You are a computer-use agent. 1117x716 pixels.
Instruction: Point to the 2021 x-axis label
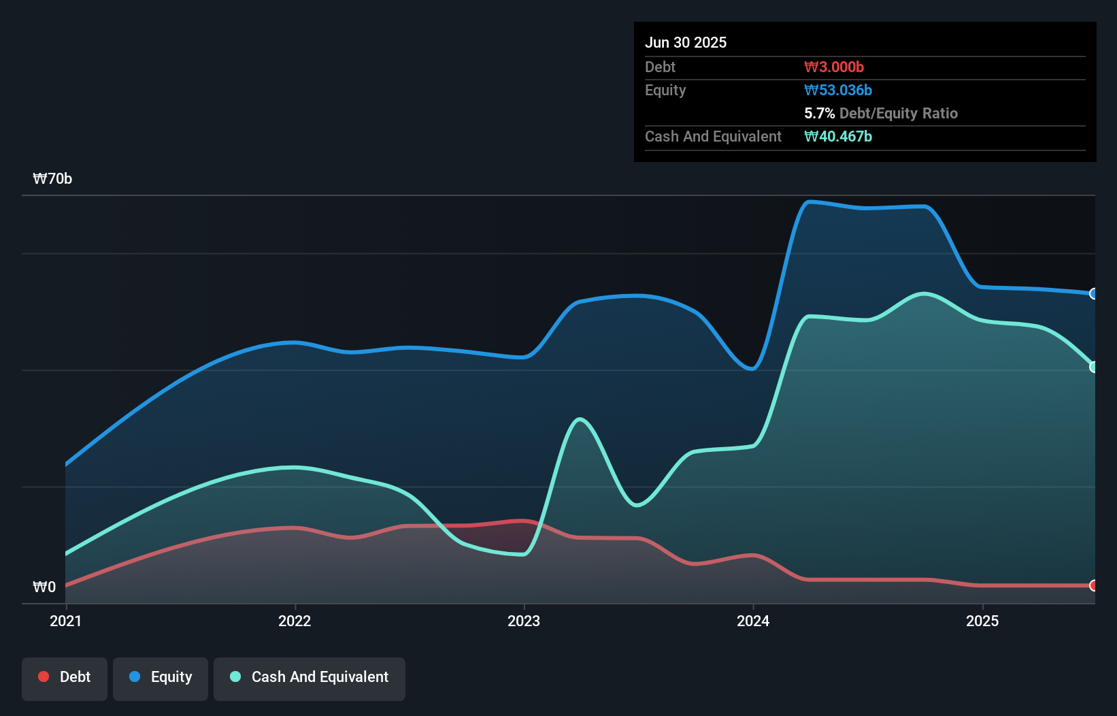[x=65, y=621]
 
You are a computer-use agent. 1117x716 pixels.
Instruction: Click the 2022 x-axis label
[x=295, y=621]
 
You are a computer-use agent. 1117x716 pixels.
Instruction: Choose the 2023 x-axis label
[x=524, y=621]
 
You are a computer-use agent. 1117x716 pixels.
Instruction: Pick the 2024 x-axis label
[x=753, y=621]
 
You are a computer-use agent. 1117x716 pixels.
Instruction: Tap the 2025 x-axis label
[x=982, y=621]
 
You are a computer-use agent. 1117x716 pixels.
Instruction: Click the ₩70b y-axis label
[x=52, y=179]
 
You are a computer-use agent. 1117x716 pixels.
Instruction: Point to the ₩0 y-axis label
[x=44, y=587]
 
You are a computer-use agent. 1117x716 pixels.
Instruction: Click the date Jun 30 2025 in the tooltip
[x=686, y=42]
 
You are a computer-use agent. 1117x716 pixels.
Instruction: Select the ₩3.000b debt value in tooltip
[x=834, y=67]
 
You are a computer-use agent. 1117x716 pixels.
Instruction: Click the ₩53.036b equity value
[x=838, y=90]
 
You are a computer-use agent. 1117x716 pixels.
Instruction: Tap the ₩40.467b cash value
[x=838, y=136]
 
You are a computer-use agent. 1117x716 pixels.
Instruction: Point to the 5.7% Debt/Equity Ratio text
[x=881, y=113]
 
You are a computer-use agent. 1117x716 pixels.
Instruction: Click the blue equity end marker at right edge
[x=1093, y=294]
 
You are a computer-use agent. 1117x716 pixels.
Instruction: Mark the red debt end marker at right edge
[x=1093, y=585]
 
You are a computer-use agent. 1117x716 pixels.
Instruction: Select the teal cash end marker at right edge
[x=1093, y=367]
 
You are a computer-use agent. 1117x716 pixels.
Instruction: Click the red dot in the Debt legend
[x=44, y=677]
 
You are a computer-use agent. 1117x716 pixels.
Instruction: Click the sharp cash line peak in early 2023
[x=579, y=419]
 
